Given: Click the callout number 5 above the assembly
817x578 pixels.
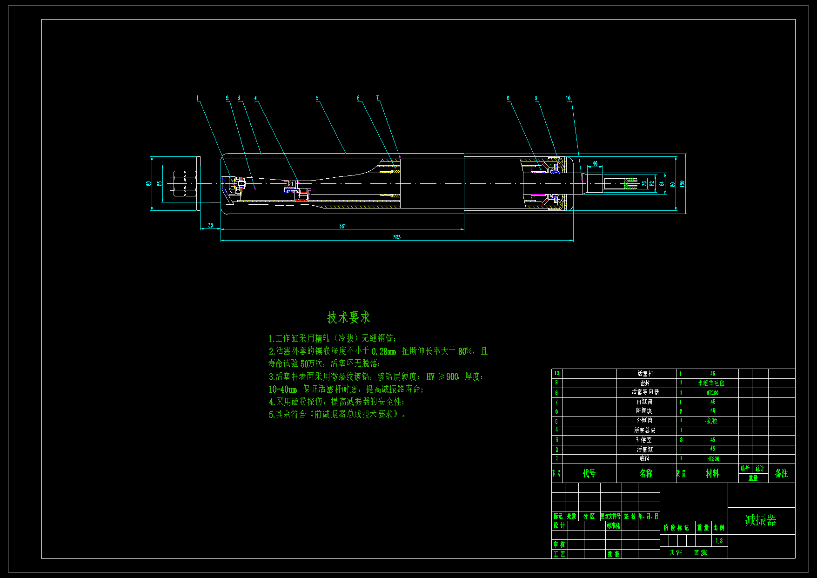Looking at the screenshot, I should click(317, 98).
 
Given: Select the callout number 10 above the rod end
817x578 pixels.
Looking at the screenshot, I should click(568, 98).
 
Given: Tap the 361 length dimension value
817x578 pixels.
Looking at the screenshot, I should click(342, 226).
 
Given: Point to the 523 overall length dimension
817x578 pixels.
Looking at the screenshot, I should click(396, 237).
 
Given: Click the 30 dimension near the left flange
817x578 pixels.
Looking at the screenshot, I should click(210, 225).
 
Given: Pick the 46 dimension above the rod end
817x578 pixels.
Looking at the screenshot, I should click(595, 163).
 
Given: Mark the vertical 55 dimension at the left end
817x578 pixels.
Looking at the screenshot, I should click(160, 183).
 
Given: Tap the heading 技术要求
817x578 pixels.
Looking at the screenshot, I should click(348, 317).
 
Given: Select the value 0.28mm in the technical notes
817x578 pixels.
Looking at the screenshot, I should click(384, 351).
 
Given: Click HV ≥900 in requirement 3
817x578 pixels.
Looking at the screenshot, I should click(442, 376).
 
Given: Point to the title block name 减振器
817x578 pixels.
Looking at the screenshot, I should click(761, 520).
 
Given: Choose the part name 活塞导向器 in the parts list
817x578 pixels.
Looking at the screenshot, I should click(645, 392).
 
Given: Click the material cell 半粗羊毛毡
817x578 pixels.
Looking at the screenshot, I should click(711, 383).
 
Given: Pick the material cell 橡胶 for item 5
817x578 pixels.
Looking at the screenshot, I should click(711, 421).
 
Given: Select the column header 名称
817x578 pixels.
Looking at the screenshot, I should click(646, 473).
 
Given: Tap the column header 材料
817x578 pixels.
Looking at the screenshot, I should click(712, 473).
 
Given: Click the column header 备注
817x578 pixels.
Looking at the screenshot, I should click(781, 473).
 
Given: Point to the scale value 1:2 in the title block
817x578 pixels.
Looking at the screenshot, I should click(719, 540).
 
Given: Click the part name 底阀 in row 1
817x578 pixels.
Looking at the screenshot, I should click(644, 458).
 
